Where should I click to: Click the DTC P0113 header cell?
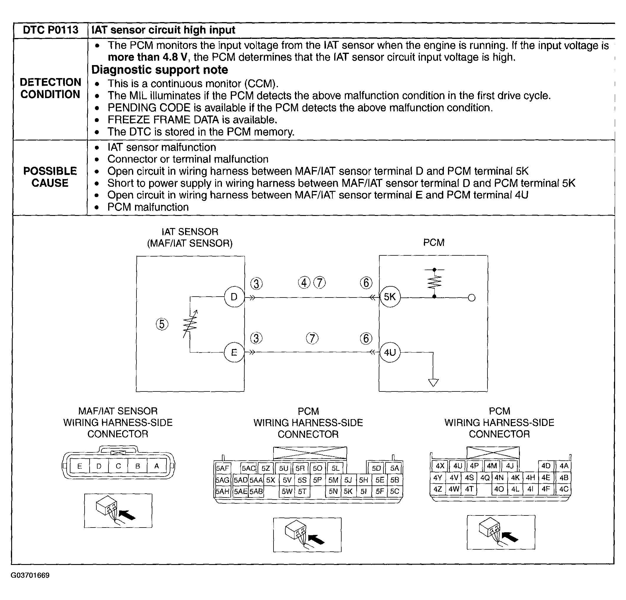pyautogui.click(x=50, y=30)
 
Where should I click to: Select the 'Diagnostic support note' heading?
pyautogui.click(x=160, y=70)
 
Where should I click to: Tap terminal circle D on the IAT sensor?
pyautogui.click(x=234, y=297)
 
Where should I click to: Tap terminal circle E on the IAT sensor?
pyautogui.click(x=234, y=352)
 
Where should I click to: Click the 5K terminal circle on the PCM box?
pyautogui.click(x=390, y=297)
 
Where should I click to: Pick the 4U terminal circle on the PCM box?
pyautogui.click(x=390, y=352)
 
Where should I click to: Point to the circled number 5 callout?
pyautogui.click(x=162, y=324)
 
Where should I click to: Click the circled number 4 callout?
pyautogui.click(x=304, y=283)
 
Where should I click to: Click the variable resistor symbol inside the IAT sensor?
pyautogui.click(x=190, y=324)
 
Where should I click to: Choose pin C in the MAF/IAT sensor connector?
pyautogui.click(x=118, y=466)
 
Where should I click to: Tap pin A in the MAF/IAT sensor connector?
pyautogui.click(x=156, y=466)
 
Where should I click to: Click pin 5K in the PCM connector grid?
pyautogui.click(x=348, y=491)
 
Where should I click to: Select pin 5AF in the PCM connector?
pyautogui.click(x=222, y=468)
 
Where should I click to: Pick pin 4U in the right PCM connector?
pyautogui.click(x=458, y=466)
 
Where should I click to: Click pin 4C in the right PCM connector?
pyautogui.click(x=564, y=489)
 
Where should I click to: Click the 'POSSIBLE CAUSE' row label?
pyautogui.click(x=50, y=177)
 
